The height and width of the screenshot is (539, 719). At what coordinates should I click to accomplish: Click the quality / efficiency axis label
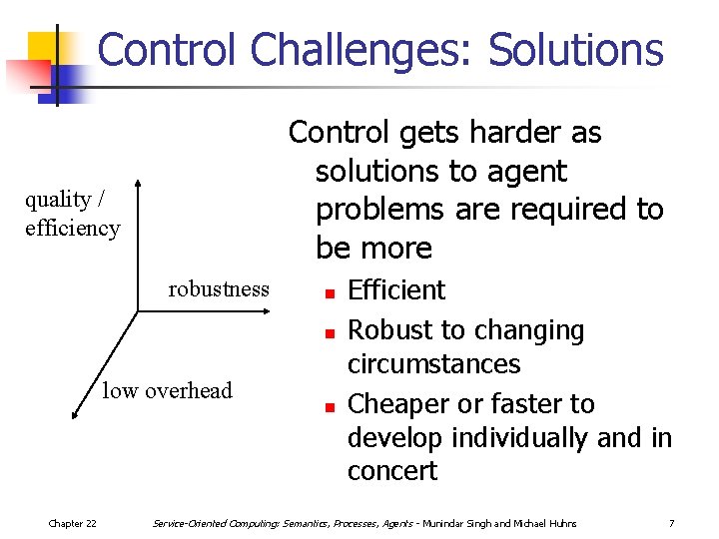coord(72,214)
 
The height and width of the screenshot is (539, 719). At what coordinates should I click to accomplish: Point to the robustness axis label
coord(219,289)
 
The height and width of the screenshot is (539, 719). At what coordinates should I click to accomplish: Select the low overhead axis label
coord(167,390)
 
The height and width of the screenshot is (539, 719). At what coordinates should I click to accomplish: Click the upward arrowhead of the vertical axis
coord(140,186)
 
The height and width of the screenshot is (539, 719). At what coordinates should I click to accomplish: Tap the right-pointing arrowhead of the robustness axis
coord(268,311)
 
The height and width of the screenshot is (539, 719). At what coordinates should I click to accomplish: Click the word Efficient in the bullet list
coord(396,290)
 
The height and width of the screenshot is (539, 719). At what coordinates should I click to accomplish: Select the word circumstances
coord(433,363)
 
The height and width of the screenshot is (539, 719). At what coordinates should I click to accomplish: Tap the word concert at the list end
coord(392,471)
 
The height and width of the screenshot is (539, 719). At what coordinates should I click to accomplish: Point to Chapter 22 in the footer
coord(73,523)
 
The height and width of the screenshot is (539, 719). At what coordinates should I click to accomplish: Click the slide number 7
coord(672,523)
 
